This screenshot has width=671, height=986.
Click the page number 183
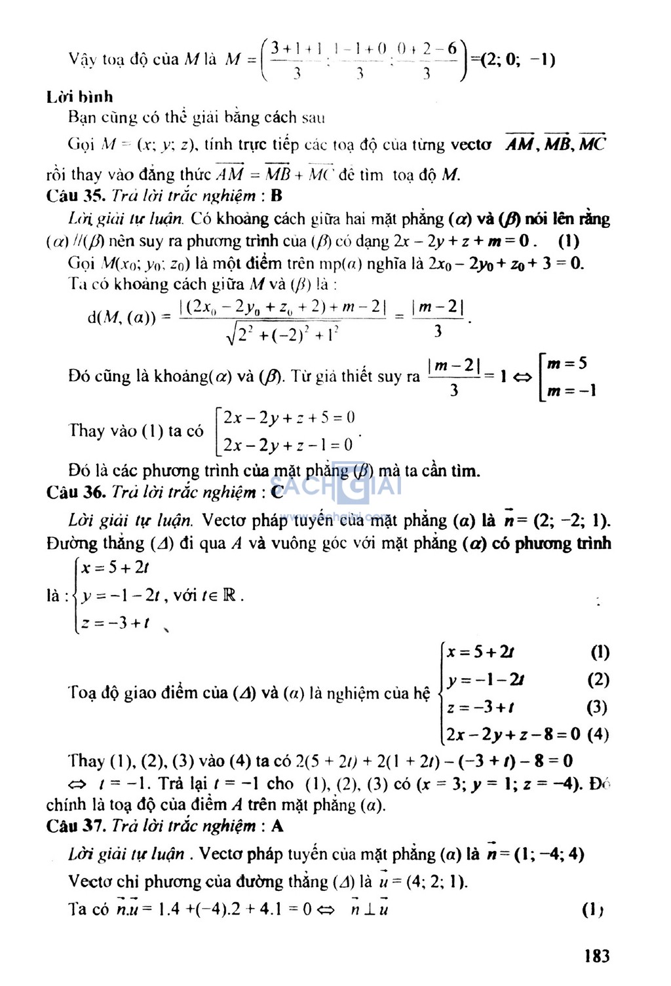596,956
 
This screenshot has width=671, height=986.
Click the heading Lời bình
79,97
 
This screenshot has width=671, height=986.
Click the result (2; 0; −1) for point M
518,60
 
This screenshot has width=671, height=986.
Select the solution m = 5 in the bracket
567,364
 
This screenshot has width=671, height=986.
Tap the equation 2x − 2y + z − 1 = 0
288,446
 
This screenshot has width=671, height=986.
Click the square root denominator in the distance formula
283,335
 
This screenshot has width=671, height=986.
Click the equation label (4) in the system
598,734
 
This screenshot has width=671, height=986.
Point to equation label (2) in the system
598,679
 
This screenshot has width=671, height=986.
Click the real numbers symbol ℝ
229,596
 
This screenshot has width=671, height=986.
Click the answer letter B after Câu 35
276,196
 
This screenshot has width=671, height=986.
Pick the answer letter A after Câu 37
277,825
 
